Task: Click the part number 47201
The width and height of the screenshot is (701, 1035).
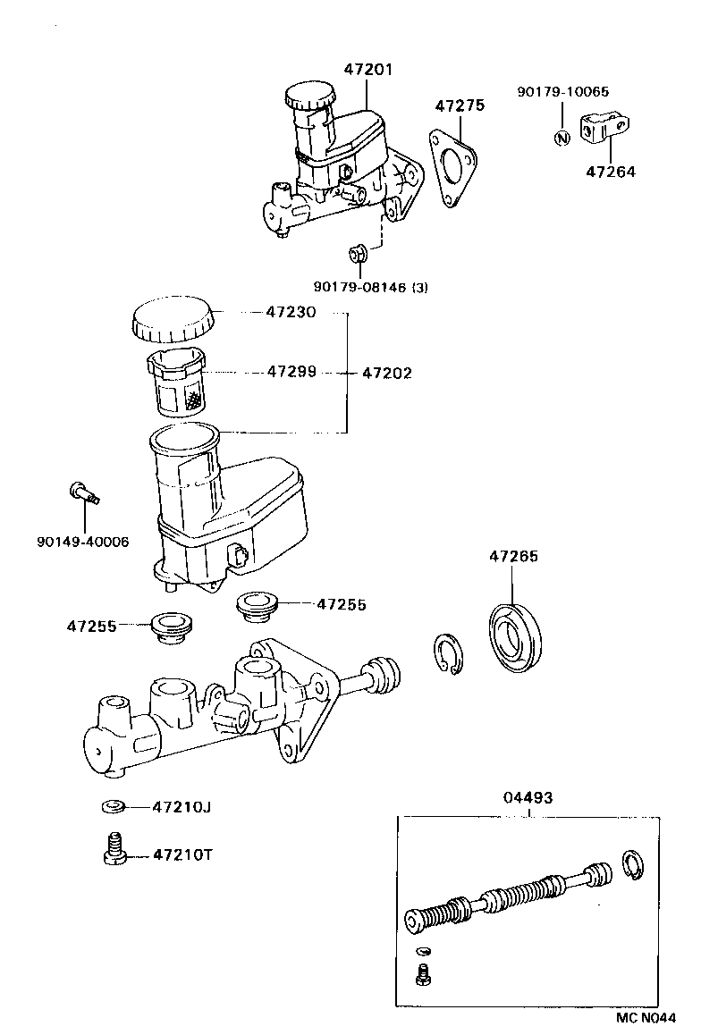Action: tap(367, 69)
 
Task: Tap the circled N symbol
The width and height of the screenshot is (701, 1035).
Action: tap(562, 138)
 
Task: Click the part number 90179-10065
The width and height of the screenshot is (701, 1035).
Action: tap(563, 90)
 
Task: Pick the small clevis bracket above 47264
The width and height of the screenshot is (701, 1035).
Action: tap(604, 127)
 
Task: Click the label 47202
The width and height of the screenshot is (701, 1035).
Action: tap(387, 373)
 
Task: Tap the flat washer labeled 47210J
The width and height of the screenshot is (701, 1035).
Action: tap(112, 807)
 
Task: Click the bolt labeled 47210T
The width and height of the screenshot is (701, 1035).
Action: tap(113, 848)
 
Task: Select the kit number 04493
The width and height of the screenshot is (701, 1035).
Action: tap(528, 796)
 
